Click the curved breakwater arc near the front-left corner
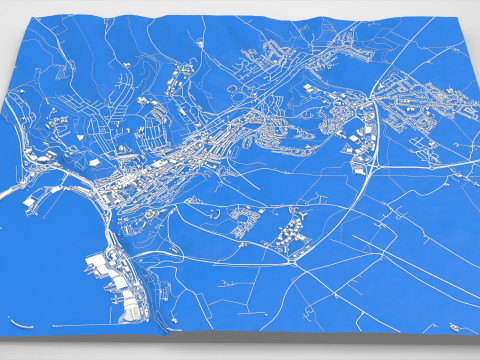22,323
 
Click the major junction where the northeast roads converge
372,98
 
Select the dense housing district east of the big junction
410,110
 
